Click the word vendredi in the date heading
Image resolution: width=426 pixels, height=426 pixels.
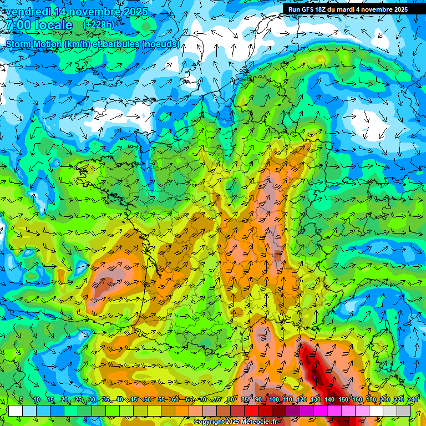point(27,12)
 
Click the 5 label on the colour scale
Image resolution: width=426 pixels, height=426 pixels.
point(21,400)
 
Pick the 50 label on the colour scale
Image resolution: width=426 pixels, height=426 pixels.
point(147,400)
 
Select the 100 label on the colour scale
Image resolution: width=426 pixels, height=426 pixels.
point(273,400)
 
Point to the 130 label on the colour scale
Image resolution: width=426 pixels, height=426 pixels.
point(315,400)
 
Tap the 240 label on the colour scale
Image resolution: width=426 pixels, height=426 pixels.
point(412,400)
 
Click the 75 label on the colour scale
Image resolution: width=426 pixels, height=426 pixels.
point(217,400)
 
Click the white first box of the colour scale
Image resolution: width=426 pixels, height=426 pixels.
point(15,410)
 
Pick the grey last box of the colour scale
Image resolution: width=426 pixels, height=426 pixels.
point(404,410)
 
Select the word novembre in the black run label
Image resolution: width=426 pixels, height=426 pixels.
point(373,9)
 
